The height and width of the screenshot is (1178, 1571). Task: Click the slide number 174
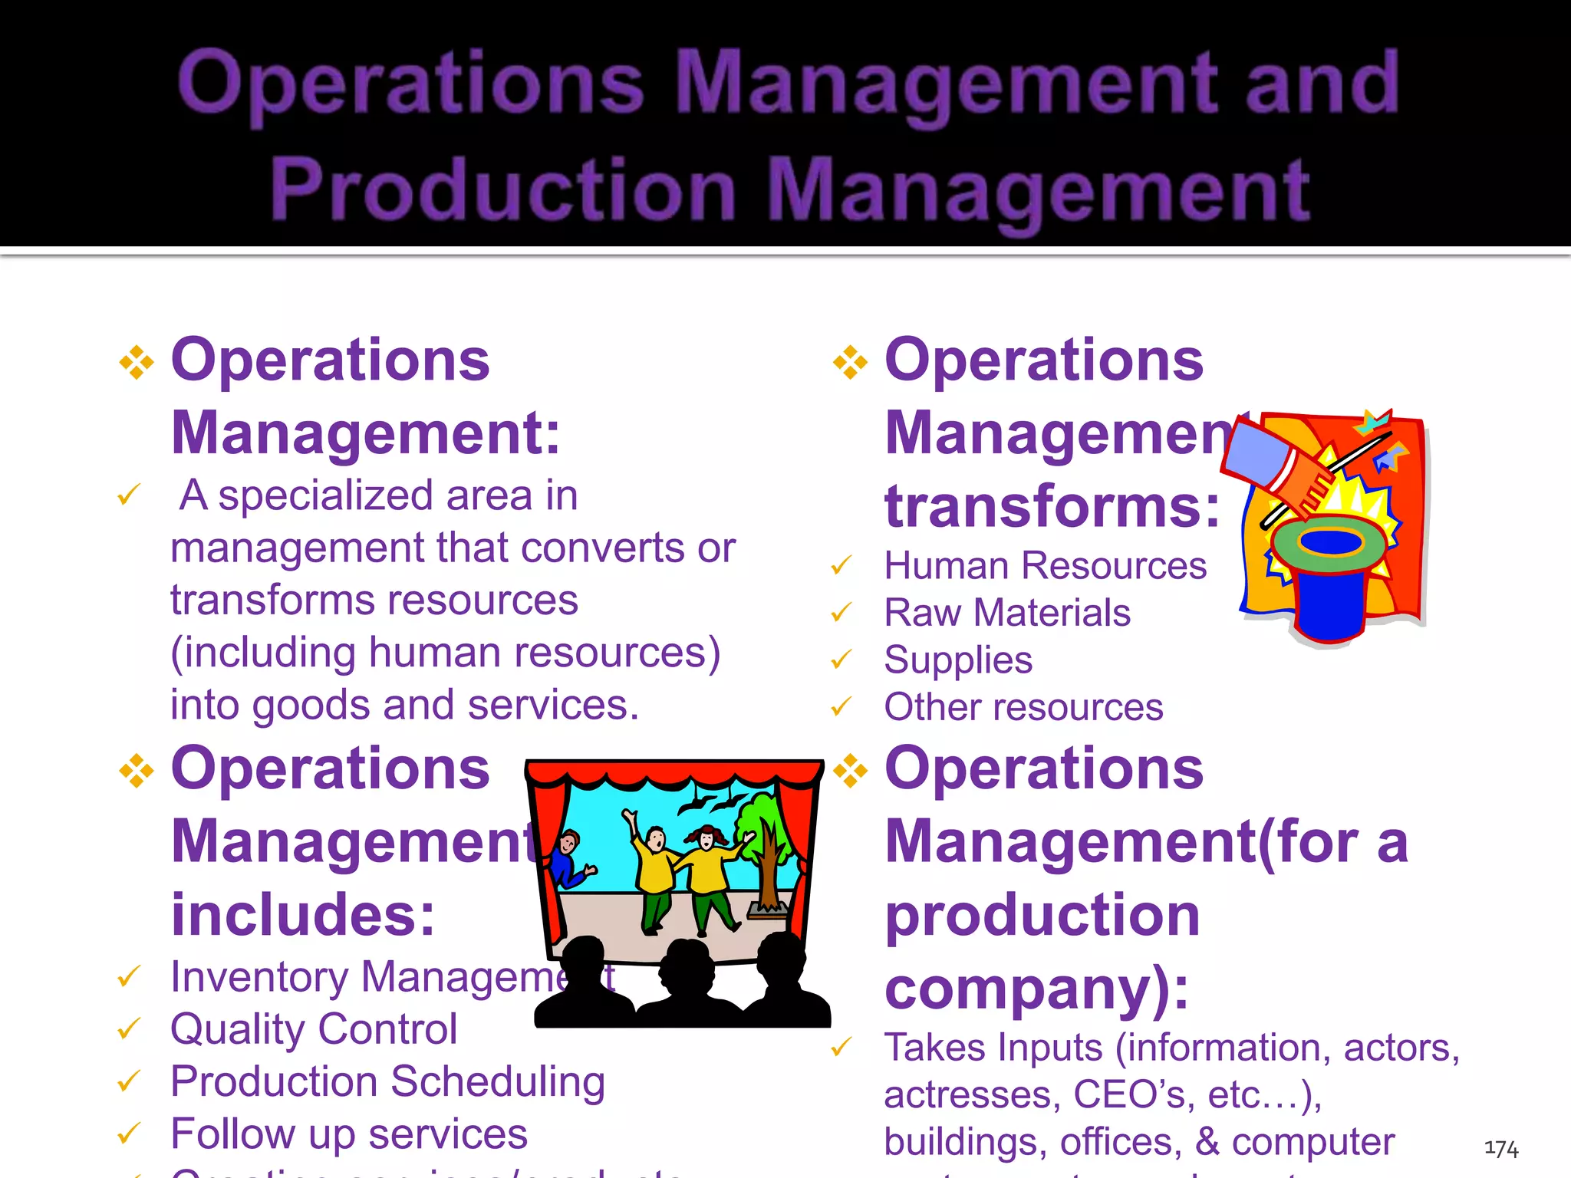pos(1501,1148)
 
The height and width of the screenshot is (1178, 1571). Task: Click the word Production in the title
pos(503,189)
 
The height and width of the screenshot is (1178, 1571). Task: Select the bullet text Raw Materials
pos(1006,613)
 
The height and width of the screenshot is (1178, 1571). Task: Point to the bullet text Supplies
pos(957,660)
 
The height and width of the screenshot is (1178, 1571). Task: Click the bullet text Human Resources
pos(1045,566)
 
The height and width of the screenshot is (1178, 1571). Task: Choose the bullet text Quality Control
pos(313,1029)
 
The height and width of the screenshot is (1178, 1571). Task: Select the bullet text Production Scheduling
pos(387,1081)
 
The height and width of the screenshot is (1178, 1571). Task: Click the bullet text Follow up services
pos(349,1134)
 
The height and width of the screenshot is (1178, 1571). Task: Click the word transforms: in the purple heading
pos(1051,507)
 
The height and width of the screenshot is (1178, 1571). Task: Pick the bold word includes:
pos(303,915)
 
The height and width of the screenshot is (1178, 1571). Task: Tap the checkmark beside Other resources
pos(841,706)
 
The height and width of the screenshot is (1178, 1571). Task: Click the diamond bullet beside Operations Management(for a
pos(851,771)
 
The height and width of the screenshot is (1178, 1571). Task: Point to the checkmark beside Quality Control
pos(129,1028)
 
